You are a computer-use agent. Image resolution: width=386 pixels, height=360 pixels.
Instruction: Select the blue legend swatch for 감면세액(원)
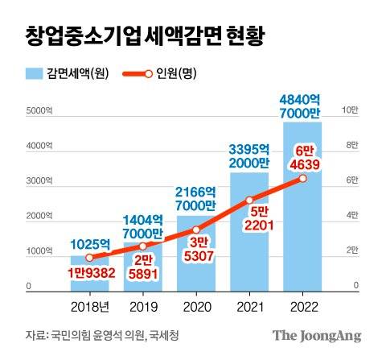[x=37, y=74]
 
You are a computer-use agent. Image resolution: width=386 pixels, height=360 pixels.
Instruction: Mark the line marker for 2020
[x=196, y=230]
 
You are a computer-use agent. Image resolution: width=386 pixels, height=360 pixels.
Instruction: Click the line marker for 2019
[x=143, y=246]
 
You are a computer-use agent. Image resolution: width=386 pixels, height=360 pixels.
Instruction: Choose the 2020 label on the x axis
[x=196, y=307]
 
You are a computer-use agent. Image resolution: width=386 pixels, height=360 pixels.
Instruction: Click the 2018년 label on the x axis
[x=89, y=307]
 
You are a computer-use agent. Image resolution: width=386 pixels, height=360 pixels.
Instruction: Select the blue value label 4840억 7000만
[x=302, y=106]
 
